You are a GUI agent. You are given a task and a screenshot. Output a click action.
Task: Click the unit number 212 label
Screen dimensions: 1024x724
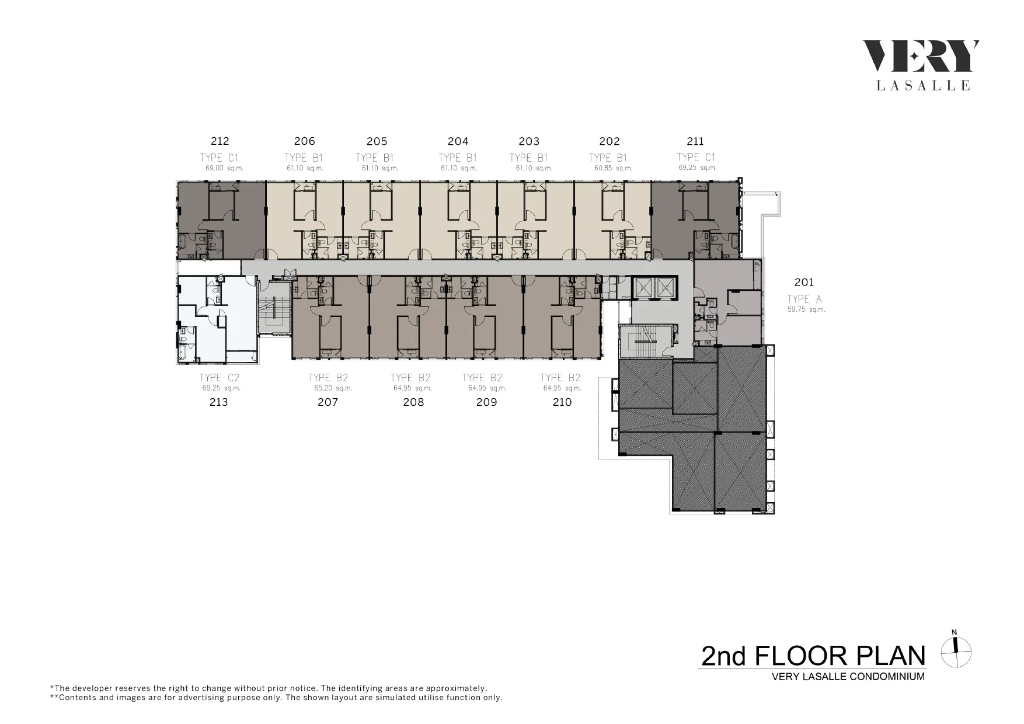(x=220, y=141)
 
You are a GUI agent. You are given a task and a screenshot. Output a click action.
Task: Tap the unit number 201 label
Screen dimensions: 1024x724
(x=804, y=283)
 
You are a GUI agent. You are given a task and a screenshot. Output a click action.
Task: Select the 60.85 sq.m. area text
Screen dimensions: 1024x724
(x=614, y=168)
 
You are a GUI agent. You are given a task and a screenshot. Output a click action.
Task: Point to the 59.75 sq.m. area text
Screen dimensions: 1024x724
(x=806, y=309)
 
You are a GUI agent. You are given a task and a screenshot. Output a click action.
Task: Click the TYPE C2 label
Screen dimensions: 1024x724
(x=220, y=378)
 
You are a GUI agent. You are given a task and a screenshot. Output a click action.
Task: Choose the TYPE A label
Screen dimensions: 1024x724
(x=804, y=299)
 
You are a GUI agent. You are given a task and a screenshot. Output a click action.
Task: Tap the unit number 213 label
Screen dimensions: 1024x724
(x=218, y=402)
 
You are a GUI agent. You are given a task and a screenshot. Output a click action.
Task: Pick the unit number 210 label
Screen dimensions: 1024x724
(x=562, y=402)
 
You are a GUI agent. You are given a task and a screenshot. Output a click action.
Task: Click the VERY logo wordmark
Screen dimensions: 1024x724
(x=921, y=57)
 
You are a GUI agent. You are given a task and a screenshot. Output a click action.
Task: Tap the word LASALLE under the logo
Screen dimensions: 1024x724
(x=924, y=86)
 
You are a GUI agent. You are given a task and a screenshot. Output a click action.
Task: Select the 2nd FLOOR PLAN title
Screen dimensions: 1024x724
(x=813, y=656)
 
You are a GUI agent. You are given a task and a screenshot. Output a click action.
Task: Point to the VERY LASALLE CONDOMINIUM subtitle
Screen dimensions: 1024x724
(x=848, y=677)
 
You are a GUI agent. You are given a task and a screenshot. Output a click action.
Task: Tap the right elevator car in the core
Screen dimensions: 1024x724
(x=665, y=288)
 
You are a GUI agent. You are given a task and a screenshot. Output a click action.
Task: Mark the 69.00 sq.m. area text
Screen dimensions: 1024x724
(x=224, y=168)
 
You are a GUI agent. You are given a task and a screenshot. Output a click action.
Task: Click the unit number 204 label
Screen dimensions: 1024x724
(x=458, y=141)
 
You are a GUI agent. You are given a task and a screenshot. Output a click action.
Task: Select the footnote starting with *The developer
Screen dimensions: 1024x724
(x=269, y=688)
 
